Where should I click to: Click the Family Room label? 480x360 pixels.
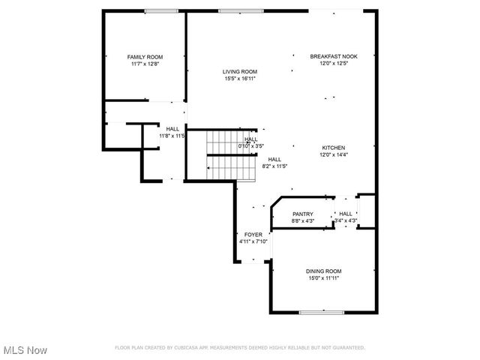click(145, 57)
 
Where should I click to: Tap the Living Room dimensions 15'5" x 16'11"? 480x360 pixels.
click(239, 78)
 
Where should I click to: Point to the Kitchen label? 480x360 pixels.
click(334, 148)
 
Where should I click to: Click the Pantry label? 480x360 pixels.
click(303, 214)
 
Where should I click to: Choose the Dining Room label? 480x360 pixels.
click(323, 271)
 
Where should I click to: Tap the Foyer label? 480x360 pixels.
click(253, 235)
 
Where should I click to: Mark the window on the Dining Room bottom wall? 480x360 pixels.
click(322, 312)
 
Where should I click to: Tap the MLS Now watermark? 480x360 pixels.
click(25, 350)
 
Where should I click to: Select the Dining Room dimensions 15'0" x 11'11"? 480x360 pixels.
click(323, 278)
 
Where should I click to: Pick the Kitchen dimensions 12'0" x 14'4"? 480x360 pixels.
click(334, 154)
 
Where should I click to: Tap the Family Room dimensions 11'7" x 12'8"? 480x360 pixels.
click(145, 64)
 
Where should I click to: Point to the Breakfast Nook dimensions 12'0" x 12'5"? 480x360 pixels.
click(334, 64)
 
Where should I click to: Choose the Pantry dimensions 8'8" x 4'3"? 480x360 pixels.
click(303, 221)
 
